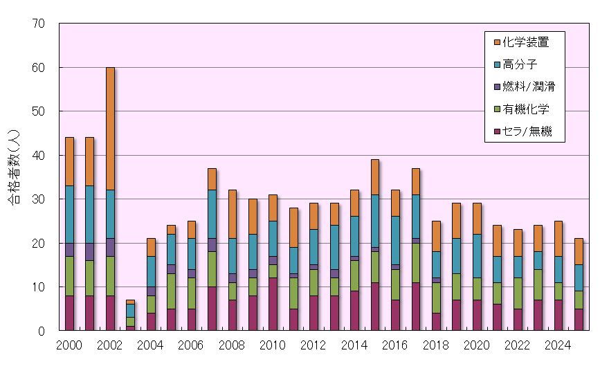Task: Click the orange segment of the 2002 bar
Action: point(110,129)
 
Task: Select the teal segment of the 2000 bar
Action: point(69,215)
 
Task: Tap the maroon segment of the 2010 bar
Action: point(273,304)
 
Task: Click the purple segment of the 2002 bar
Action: point(110,247)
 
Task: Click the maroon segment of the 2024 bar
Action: point(557,315)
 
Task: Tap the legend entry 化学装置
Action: point(526,42)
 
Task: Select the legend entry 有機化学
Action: point(526,109)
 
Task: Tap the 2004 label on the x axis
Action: point(151,345)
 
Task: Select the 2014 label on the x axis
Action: point(354,345)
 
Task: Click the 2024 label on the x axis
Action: point(557,345)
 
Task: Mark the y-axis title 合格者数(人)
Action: point(14,176)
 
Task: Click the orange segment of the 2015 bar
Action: point(375,177)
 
